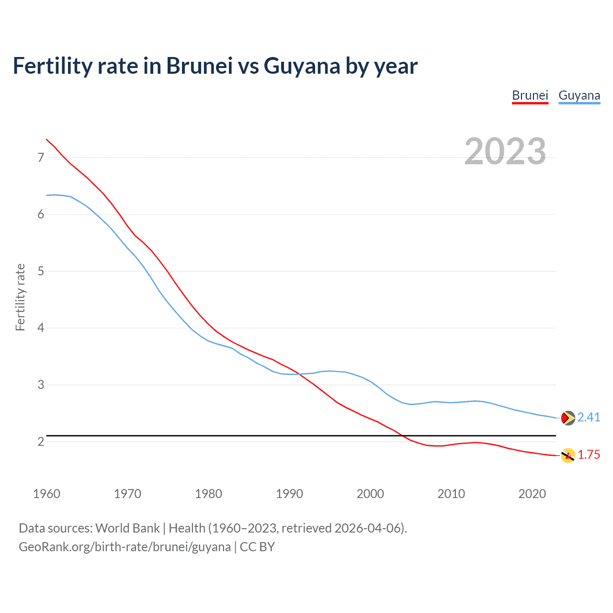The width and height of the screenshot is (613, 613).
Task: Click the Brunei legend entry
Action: [x=530, y=95]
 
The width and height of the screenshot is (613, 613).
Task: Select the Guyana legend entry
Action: [x=579, y=95]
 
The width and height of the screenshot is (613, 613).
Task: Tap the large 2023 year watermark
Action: [x=505, y=151]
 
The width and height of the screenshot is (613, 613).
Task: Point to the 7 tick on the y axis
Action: [x=41, y=158]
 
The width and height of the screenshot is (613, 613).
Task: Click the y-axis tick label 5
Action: [x=41, y=272]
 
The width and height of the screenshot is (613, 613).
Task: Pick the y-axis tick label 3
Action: [x=41, y=385]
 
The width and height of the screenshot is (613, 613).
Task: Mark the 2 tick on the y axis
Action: [x=41, y=442]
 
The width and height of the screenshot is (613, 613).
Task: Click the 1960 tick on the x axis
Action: [x=46, y=494]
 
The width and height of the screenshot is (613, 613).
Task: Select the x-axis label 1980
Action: [x=208, y=494]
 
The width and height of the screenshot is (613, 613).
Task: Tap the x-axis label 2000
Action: [x=370, y=494]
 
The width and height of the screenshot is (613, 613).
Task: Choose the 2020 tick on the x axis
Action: [x=532, y=494]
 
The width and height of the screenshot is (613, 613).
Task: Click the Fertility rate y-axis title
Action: [x=20, y=297]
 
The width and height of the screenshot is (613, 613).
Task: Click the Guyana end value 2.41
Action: [x=589, y=418]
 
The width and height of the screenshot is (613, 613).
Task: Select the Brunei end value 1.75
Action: [x=589, y=455]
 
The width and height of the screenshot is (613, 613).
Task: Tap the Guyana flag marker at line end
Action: [x=568, y=418]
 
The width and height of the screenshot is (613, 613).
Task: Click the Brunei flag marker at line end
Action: [x=568, y=455]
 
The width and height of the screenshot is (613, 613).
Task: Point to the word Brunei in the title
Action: [x=199, y=66]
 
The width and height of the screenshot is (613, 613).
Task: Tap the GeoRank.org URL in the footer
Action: [x=125, y=547]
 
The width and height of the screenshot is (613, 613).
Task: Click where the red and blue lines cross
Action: [x=299, y=374]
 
